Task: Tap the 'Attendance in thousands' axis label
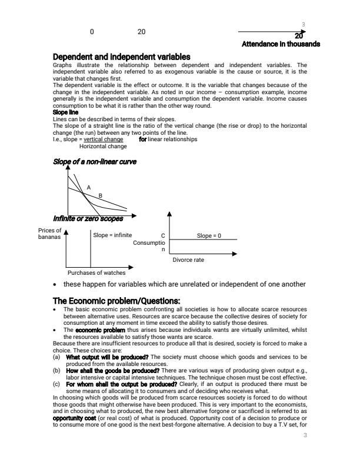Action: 281,44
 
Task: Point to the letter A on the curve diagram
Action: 89,187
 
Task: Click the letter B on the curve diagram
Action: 100,195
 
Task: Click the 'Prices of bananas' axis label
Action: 50,234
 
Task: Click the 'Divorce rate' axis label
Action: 188,259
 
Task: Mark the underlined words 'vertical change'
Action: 103,139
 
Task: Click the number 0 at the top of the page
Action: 92,31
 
